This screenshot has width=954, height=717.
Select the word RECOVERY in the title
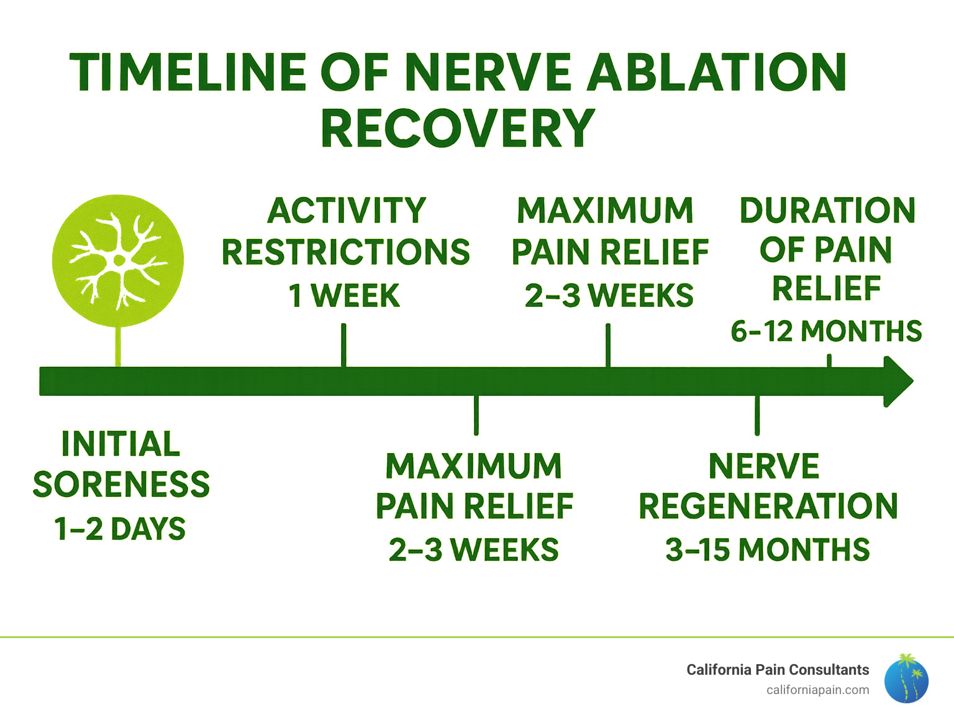458,129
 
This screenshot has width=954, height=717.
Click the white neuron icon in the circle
117,260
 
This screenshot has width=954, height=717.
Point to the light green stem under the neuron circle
118,346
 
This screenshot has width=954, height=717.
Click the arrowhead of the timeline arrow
898,381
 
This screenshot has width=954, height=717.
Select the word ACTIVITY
347,211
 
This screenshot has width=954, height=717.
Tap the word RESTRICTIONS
346,252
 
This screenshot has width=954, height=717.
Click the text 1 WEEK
344,296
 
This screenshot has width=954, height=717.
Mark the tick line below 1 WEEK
343,345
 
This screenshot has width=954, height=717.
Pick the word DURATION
827,211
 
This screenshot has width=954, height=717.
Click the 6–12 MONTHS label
826,331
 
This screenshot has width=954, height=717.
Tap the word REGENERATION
768,506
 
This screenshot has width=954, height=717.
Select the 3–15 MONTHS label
768,550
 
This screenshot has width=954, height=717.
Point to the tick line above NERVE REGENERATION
756,415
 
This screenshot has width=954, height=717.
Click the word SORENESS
121,484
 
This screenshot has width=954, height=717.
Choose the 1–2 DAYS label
120,529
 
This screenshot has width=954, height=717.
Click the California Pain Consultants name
778,670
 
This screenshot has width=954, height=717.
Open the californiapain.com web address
817,690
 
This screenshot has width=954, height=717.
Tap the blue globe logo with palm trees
906,679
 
